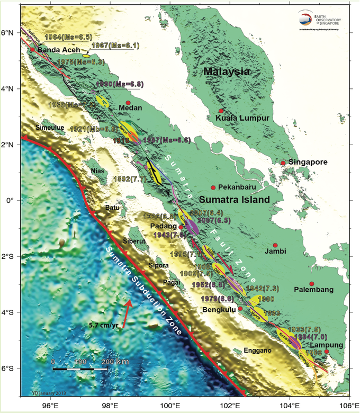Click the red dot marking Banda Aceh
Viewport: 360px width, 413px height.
[x=32, y=49]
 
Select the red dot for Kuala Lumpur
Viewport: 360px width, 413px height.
[x=221, y=111]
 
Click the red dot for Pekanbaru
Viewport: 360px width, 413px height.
[x=213, y=187]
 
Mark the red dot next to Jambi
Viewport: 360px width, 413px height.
[x=275, y=245]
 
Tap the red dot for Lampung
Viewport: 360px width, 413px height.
[x=327, y=352]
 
